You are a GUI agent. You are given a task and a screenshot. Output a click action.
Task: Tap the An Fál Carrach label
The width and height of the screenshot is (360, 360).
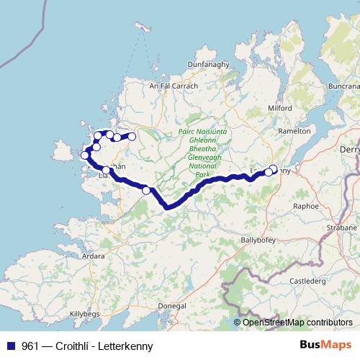[172, 86]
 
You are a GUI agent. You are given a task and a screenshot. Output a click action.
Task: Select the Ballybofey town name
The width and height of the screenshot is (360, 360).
[258, 238]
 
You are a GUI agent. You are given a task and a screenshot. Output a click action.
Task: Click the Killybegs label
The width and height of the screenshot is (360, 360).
[87, 315]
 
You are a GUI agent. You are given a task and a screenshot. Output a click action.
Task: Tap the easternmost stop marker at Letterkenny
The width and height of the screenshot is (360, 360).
[273, 169]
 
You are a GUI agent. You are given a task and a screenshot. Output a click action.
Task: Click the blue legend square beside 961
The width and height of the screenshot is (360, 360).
[11, 346]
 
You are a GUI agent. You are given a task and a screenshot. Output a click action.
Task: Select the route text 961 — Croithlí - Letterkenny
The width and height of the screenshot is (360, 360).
[87, 346]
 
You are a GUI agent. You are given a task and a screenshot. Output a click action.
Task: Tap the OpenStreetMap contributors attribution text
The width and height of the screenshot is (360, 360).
[297, 323]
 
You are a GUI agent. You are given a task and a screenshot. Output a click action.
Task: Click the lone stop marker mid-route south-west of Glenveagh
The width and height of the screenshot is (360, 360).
[147, 190]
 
